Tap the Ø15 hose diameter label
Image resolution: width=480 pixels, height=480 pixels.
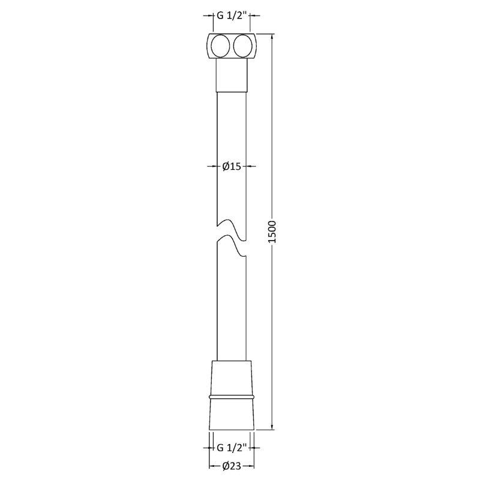coord(231,167)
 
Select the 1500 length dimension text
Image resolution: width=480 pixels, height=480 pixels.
coord(272,232)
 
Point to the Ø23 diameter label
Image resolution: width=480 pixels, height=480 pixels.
coord(231,466)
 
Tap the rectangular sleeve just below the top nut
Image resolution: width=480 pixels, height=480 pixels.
coord(231,75)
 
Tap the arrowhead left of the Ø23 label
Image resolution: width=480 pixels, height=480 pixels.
coord(212,466)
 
